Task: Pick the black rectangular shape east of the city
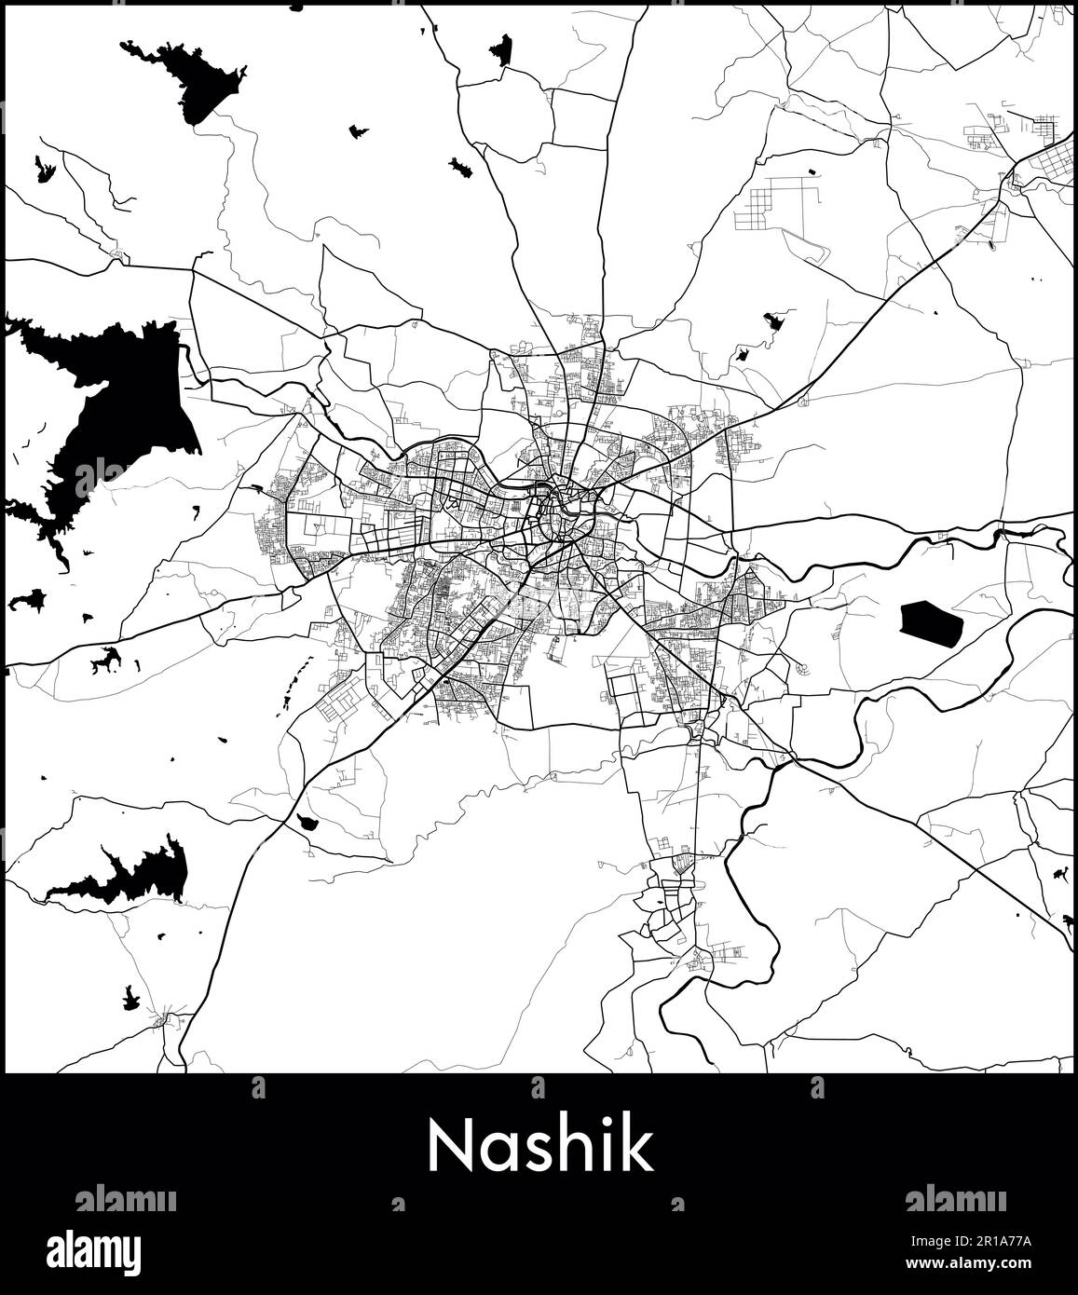click(930, 623)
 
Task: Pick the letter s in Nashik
click(535, 1152)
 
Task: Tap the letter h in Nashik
click(575, 1146)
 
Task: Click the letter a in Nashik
click(497, 1152)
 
